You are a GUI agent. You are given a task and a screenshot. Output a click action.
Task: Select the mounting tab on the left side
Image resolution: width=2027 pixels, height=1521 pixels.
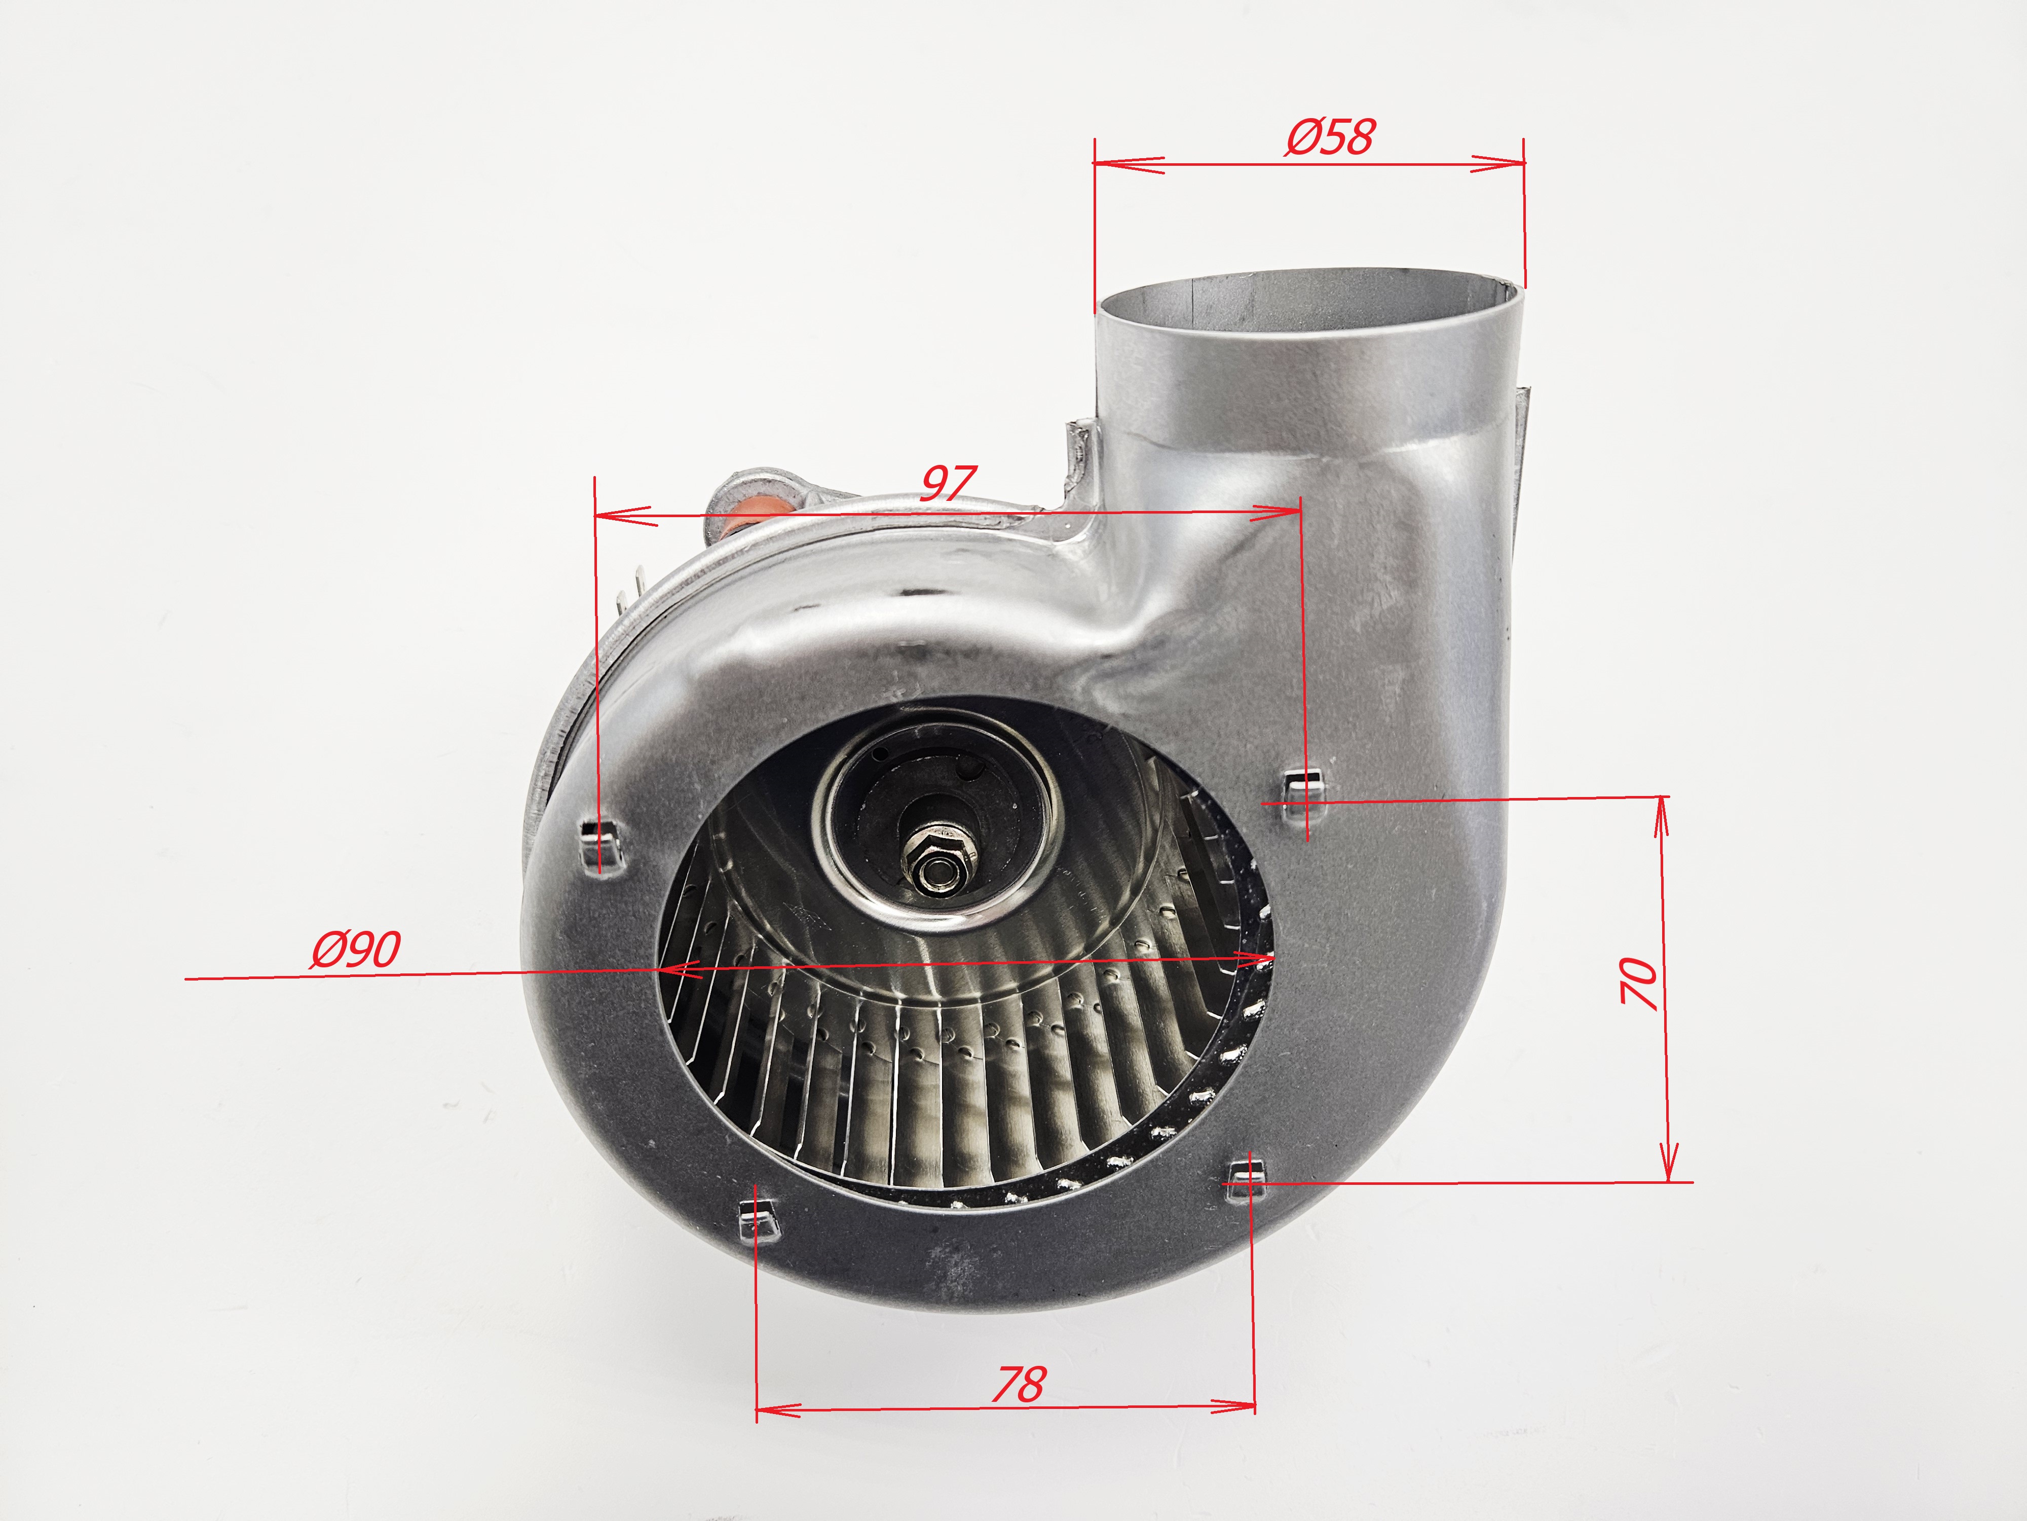click(600, 844)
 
